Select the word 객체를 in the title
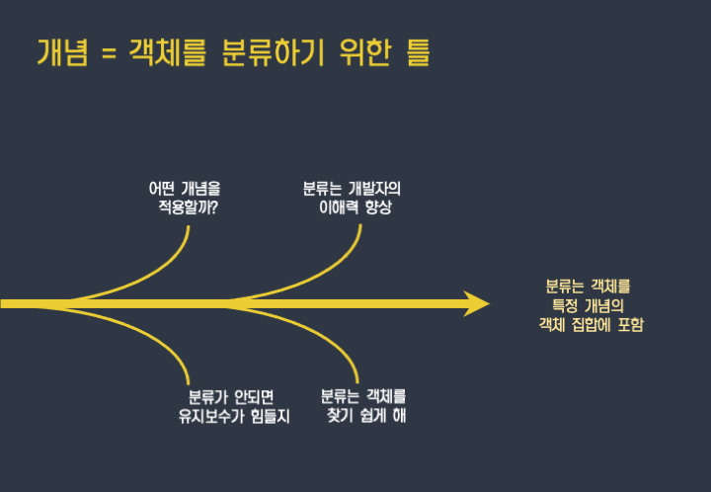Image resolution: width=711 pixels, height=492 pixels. click(164, 51)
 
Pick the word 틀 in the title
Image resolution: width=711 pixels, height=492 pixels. click(417, 51)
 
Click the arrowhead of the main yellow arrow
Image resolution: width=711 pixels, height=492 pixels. click(476, 303)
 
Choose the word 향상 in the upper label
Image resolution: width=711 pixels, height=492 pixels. click(377, 207)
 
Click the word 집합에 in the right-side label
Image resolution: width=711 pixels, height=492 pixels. click(592, 324)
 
